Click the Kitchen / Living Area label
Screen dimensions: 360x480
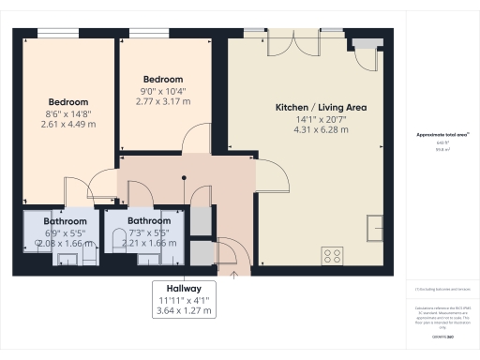click(x=320, y=108)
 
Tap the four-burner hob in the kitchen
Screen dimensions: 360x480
click(x=332, y=254)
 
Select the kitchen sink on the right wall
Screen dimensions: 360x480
click(x=377, y=227)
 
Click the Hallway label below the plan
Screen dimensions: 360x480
click(x=183, y=289)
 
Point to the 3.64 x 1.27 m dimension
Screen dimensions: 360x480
click(x=183, y=309)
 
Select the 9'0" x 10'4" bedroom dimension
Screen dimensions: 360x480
click(x=161, y=91)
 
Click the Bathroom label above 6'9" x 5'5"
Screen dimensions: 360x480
click(x=64, y=222)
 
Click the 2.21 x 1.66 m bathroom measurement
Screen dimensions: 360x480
click(x=148, y=243)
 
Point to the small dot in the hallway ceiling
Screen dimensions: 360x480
click(x=184, y=176)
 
